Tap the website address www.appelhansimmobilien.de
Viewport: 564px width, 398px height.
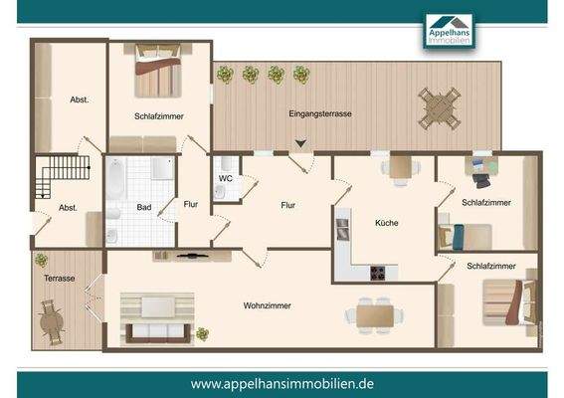tap(282, 383)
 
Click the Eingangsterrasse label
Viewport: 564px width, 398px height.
tap(320, 114)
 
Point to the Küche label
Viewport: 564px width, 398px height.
tap(386, 223)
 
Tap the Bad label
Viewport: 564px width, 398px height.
tap(143, 208)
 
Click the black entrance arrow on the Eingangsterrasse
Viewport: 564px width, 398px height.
tap(301, 144)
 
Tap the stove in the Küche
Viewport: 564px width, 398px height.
tap(379, 273)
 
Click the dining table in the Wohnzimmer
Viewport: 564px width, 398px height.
tap(375, 314)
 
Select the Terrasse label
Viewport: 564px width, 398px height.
tap(59, 279)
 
